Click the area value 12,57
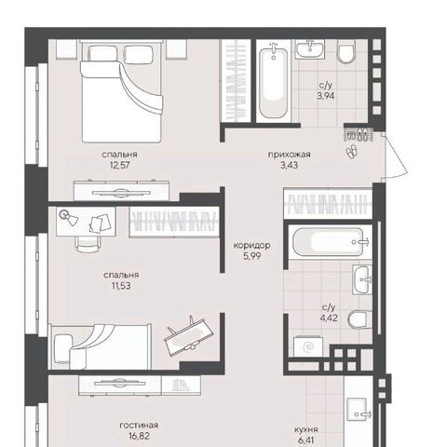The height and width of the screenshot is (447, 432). pos(120,165)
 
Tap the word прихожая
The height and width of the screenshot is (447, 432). pos(290,155)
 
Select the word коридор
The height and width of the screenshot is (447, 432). pos(251,246)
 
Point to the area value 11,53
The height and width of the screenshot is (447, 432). pos(121,286)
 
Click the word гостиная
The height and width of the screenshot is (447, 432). pos(139,425)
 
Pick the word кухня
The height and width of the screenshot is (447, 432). pos(306,429)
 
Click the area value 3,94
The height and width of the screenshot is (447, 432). pos(326,96)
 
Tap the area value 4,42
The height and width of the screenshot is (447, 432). pos(329,318)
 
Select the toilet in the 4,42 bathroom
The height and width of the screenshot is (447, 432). pos(359,319)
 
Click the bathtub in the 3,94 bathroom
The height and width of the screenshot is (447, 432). pos(274,81)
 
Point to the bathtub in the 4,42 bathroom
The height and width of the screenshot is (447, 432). pos(331,242)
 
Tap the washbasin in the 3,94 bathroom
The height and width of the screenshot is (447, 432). pos(310,48)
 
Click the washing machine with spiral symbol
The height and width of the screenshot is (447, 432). pos(308,346)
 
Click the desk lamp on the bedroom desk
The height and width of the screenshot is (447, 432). pos(69,217)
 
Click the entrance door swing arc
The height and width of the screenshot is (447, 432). pos(399,156)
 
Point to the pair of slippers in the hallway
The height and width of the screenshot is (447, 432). pos(352,151)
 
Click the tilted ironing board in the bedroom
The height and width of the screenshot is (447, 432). pos(189,335)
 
